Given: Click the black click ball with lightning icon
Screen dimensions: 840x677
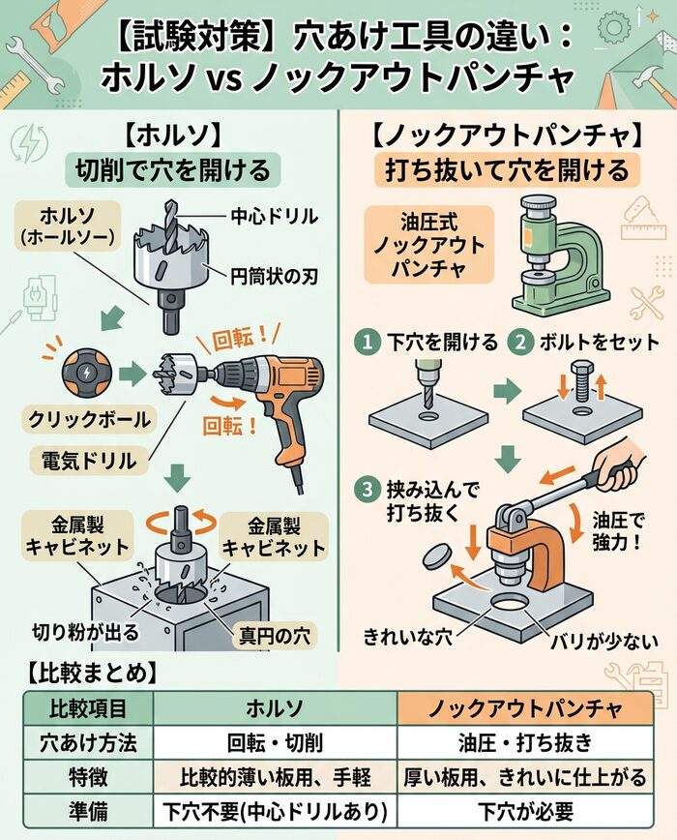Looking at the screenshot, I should tap(80, 373).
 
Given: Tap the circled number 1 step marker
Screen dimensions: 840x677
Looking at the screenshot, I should tap(367, 342).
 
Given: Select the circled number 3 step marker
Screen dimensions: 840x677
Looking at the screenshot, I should tap(367, 491).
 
